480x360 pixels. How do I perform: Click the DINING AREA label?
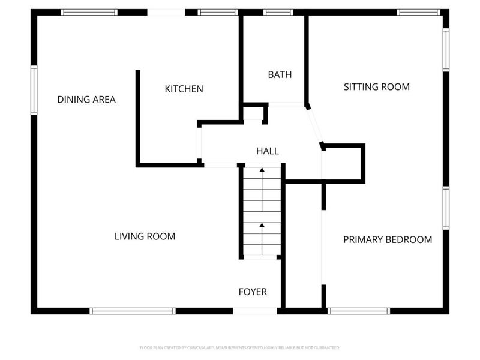click(86, 100)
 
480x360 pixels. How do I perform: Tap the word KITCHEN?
click(184, 89)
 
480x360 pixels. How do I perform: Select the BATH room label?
click(280, 75)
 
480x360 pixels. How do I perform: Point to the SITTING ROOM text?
click(376, 87)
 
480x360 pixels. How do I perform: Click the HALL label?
click(268, 151)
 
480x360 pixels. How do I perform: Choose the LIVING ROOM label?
click(145, 236)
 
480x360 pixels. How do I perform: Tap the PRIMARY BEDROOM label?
click(387, 239)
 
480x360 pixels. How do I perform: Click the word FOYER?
click(253, 292)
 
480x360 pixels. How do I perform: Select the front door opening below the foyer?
click(255, 311)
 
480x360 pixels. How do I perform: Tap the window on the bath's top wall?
click(278, 12)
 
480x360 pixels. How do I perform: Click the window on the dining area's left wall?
click(34, 90)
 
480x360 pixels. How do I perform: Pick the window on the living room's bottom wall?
click(133, 311)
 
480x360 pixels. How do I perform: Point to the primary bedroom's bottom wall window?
click(359, 311)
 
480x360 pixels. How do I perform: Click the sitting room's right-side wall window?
click(446, 50)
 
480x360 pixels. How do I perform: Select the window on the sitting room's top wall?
click(418, 12)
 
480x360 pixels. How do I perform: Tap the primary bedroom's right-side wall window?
click(446, 208)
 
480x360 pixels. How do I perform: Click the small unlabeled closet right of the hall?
click(343, 163)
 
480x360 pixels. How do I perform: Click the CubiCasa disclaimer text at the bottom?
click(240, 347)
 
